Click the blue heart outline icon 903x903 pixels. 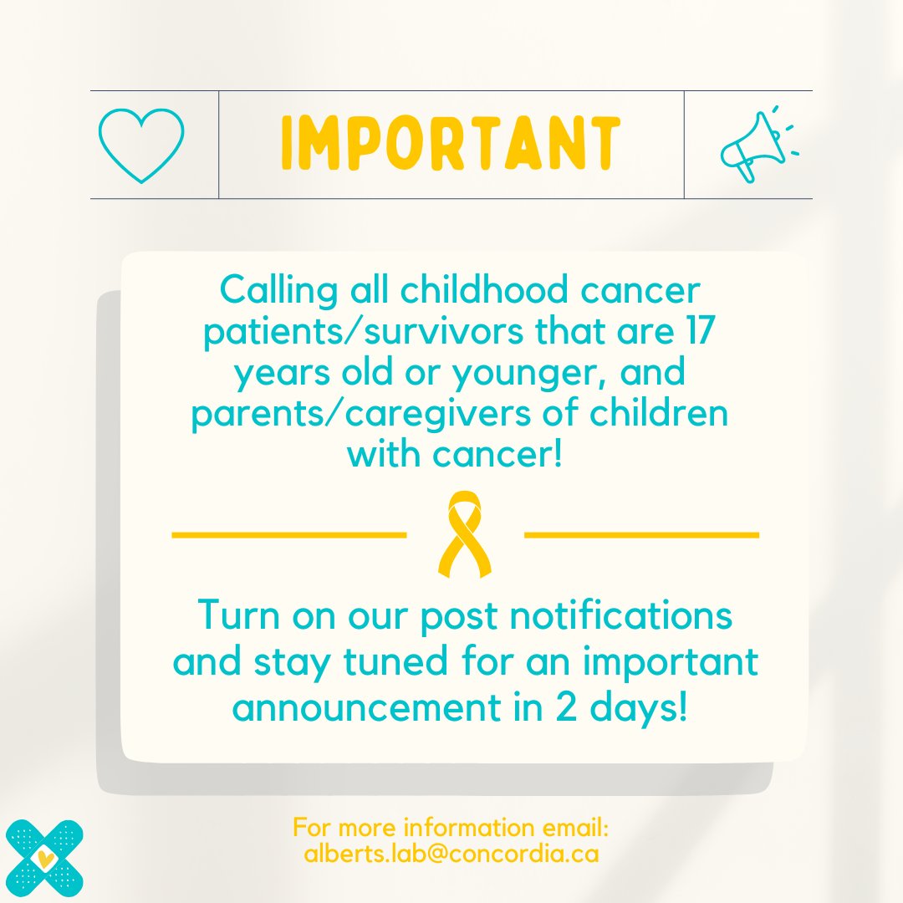click(140, 145)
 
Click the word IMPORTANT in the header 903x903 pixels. click(451, 145)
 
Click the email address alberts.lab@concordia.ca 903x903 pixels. click(451, 855)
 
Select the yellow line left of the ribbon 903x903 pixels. click(288, 533)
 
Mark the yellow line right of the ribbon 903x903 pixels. click(641, 533)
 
